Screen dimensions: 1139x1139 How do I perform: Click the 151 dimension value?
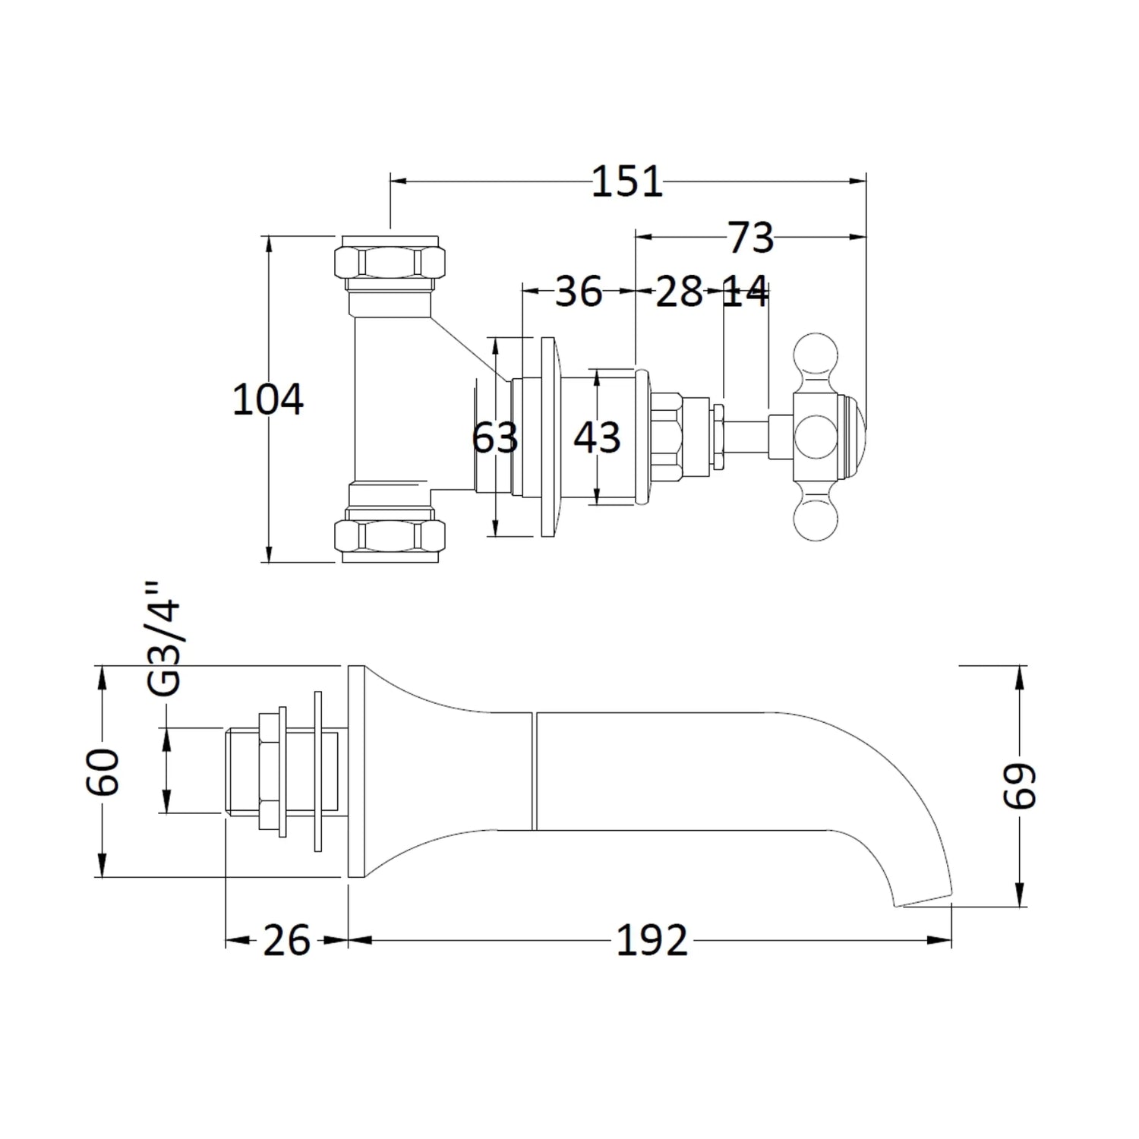click(x=626, y=182)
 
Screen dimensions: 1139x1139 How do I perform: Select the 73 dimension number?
click(x=750, y=238)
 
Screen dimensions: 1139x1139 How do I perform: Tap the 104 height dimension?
click(x=267, y=400)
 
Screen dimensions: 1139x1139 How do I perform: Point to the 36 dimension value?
click(x=578, y=292)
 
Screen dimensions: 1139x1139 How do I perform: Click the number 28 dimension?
click(x=679, y=292)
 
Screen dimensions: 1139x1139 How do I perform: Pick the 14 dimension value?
click(x=744, y=292)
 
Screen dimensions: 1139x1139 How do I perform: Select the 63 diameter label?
click(x=494, y=438)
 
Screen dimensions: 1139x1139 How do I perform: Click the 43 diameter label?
click(x=597, y=438)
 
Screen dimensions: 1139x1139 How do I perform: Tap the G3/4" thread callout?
click(x=166, y=639)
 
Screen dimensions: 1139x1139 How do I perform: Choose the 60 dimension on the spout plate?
click(x=103, y=771)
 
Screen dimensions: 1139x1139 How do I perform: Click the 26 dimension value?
click(x=286, y=941)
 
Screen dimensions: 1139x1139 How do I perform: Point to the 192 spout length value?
click(x=651, y=941)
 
